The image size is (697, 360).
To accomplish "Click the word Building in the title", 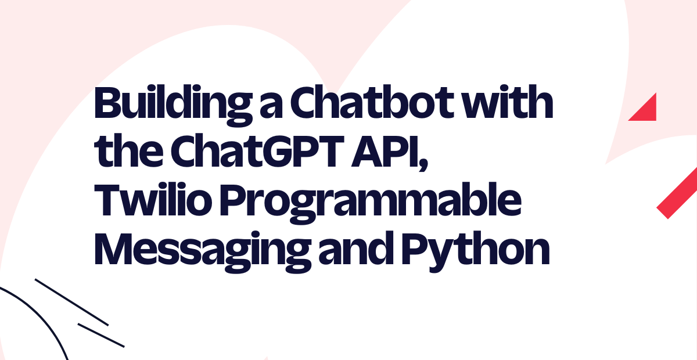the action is tap(173, 106).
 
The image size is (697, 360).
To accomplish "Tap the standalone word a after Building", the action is tap(271, 107).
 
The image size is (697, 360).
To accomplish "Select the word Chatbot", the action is tap(371, 102).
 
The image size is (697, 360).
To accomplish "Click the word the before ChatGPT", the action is tap(129, 150).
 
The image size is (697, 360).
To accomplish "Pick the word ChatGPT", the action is tap(257, 150).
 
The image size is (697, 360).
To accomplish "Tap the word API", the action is tap(385, 150).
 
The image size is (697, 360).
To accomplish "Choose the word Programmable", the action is tap(371, 203).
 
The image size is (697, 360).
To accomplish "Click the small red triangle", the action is tap(647, 111).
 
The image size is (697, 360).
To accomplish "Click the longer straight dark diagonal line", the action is tap(71, 302).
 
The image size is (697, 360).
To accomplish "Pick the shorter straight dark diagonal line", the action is tap(101, 335).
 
